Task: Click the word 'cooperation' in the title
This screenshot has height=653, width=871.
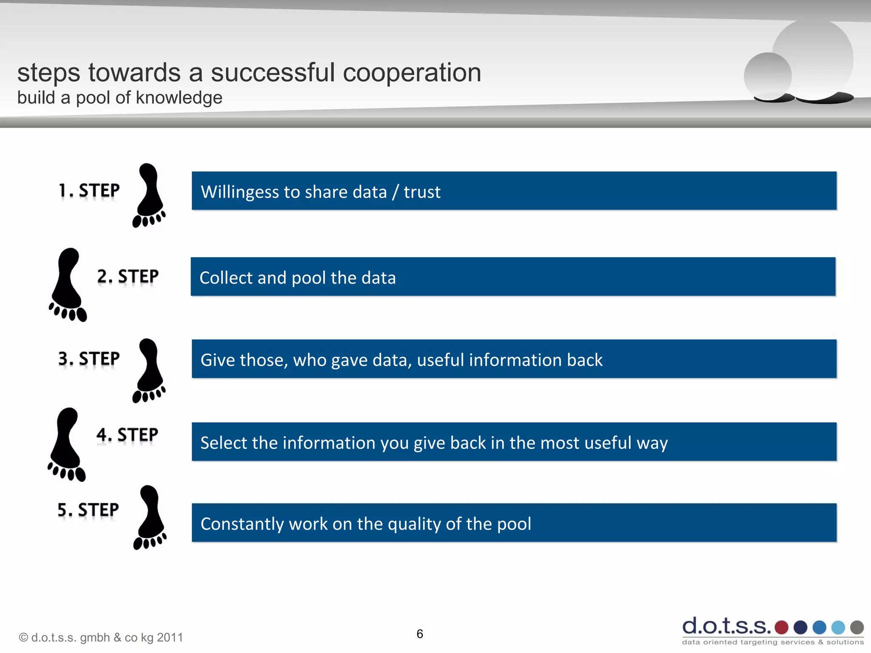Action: pos(412,72)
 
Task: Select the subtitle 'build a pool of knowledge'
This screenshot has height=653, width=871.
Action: pos(120,98)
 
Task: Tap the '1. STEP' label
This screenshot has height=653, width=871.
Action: pos(89,190)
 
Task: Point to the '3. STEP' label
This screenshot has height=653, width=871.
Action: pos(89,359)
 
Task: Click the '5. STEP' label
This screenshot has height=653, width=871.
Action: pos(88,510)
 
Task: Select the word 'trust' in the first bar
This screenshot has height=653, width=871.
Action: pos(422,192)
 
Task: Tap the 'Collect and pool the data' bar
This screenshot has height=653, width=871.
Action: pos(513,277)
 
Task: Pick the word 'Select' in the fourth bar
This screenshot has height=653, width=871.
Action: pos(224,443)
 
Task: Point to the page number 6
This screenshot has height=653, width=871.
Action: pos(420,634)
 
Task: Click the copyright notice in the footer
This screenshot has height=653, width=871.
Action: pos(101,637)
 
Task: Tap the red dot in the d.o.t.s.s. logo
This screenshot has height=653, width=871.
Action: pos(781,627)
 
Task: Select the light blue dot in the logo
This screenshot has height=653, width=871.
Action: pos(838,627)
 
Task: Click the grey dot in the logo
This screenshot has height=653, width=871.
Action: pos(857,627)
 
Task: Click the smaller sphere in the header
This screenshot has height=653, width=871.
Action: pos(767,76)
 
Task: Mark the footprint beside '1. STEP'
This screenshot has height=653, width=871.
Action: pos(149,195)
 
